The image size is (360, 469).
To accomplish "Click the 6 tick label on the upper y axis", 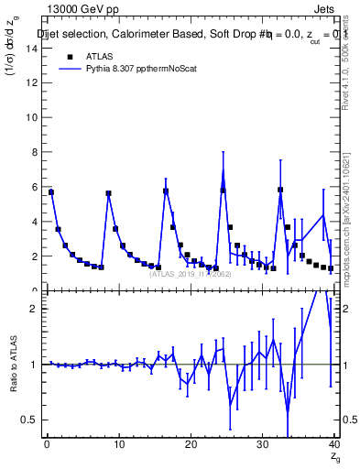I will pyautogui.click(x=34, y=187).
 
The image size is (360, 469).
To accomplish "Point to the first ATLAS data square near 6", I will pyautogui.click(x=51, y=192).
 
